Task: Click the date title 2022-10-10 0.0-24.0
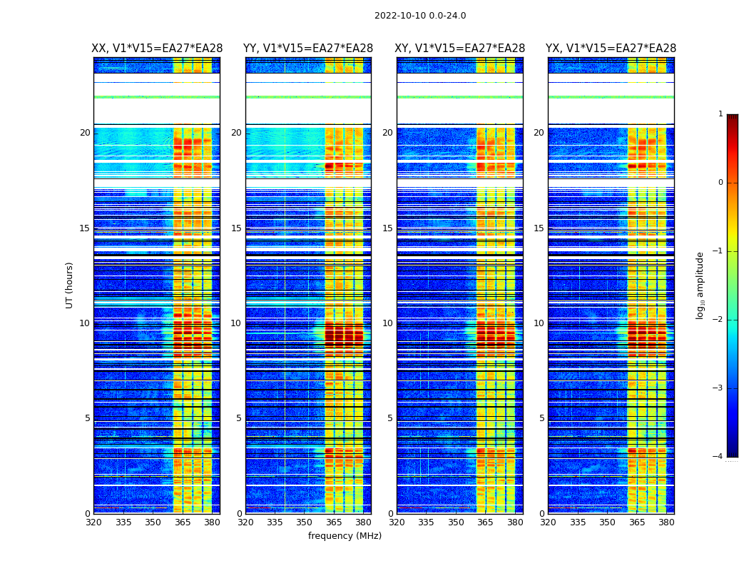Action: [420, 16]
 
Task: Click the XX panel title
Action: [157, 49]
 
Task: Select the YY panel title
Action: [308, 49]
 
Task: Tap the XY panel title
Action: [460, 49]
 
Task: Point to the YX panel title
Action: [611, 49]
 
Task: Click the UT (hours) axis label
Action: [70, 285]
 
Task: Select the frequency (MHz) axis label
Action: [345, 536]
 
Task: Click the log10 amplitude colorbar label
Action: [700, 285]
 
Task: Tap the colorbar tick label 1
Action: [720, 114]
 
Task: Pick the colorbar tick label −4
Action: [718, 457]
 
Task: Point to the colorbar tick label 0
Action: [720, 183]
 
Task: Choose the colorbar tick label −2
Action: [718, 320]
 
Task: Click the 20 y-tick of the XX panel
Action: [85, 133]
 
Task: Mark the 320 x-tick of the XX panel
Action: [93, 522]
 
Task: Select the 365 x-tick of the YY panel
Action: [334, 522]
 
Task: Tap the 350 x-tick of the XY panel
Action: [456, 522]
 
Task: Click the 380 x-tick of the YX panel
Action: [666, 522]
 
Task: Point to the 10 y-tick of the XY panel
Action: [387, 323]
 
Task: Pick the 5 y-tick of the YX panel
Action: [541, 418]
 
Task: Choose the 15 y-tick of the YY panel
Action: [236, 228]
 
